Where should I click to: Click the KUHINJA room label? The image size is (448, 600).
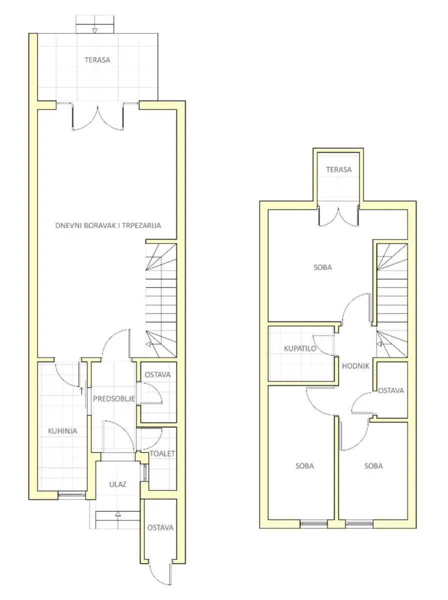62,431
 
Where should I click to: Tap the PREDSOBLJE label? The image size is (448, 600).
114,399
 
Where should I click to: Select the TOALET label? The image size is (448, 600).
162,454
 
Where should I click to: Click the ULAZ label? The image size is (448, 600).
117,484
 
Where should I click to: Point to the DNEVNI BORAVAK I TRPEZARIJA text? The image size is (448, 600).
108,225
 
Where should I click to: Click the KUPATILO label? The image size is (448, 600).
300,348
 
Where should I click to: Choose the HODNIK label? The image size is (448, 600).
355,366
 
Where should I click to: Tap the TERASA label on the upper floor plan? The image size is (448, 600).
338,169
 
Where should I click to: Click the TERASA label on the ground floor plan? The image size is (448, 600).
97,60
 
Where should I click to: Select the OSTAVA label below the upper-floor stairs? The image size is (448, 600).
391,390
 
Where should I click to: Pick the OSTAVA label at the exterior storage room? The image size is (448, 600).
160,528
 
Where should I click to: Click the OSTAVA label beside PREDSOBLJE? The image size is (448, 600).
157,375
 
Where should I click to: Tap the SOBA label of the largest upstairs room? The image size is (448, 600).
322,267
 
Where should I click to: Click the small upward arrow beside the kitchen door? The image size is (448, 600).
81,390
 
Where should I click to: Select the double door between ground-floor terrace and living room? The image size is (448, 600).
97,116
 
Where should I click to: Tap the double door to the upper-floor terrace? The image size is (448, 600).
338,216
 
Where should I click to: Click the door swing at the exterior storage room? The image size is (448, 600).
160,572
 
